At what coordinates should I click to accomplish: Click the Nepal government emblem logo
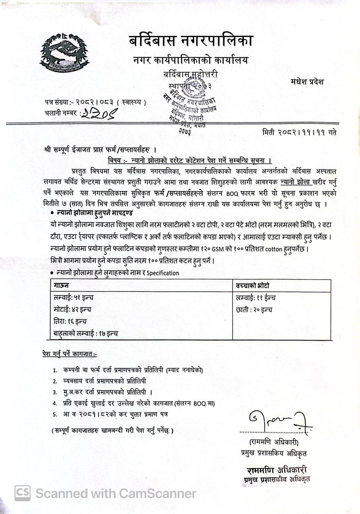(64, 53)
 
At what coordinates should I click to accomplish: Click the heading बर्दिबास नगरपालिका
(191, 41)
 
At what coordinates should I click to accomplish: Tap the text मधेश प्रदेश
(307, 82)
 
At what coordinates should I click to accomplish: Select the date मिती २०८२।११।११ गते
(299, 133)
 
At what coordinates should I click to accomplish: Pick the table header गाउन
(61, 286)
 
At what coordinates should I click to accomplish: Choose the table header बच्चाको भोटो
(253, 286)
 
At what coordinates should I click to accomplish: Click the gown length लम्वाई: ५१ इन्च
(74, 298)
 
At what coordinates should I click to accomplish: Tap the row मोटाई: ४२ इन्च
(73, 310)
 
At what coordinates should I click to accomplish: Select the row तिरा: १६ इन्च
(70, 322)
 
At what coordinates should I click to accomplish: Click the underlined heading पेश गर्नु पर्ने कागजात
(69, 354)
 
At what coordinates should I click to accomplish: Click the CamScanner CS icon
(22, 493)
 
